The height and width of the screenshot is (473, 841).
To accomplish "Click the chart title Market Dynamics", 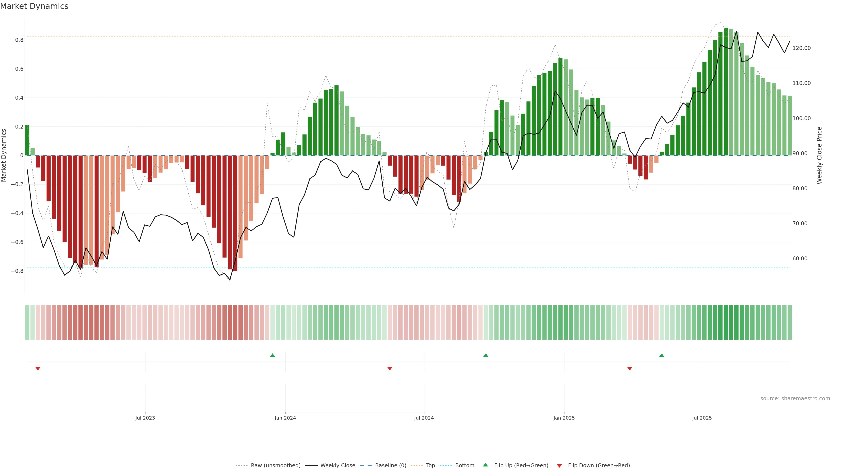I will click(34, 6).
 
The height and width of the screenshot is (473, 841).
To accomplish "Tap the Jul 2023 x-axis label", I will click(145, 418).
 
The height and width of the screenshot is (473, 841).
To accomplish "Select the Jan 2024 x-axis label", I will click(285, 418).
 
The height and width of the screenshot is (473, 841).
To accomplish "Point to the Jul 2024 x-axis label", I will click(424, 418).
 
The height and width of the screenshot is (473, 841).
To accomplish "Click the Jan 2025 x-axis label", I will click(564, 418).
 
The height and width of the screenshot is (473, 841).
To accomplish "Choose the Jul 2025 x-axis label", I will click(701, 418).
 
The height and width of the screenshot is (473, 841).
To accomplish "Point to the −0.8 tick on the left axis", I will click(17, 271).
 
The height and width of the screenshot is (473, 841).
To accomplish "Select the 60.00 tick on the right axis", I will click(800, 259).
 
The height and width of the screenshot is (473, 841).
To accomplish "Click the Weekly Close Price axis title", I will click(819, 155).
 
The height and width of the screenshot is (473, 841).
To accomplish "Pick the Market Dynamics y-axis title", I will click(4, 155).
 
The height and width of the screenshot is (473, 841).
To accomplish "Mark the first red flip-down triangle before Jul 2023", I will click(38, 369).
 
